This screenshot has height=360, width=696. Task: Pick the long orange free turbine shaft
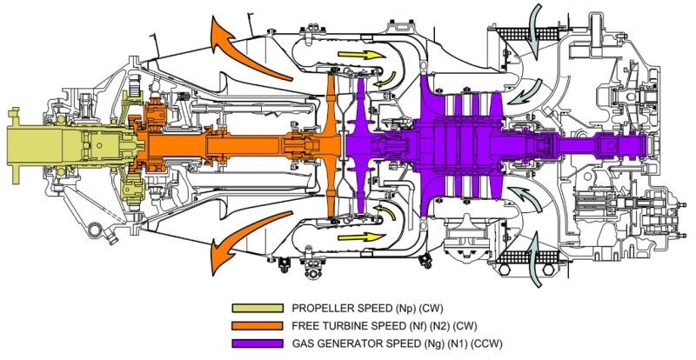pyautogui.click(x=217, y=143)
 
